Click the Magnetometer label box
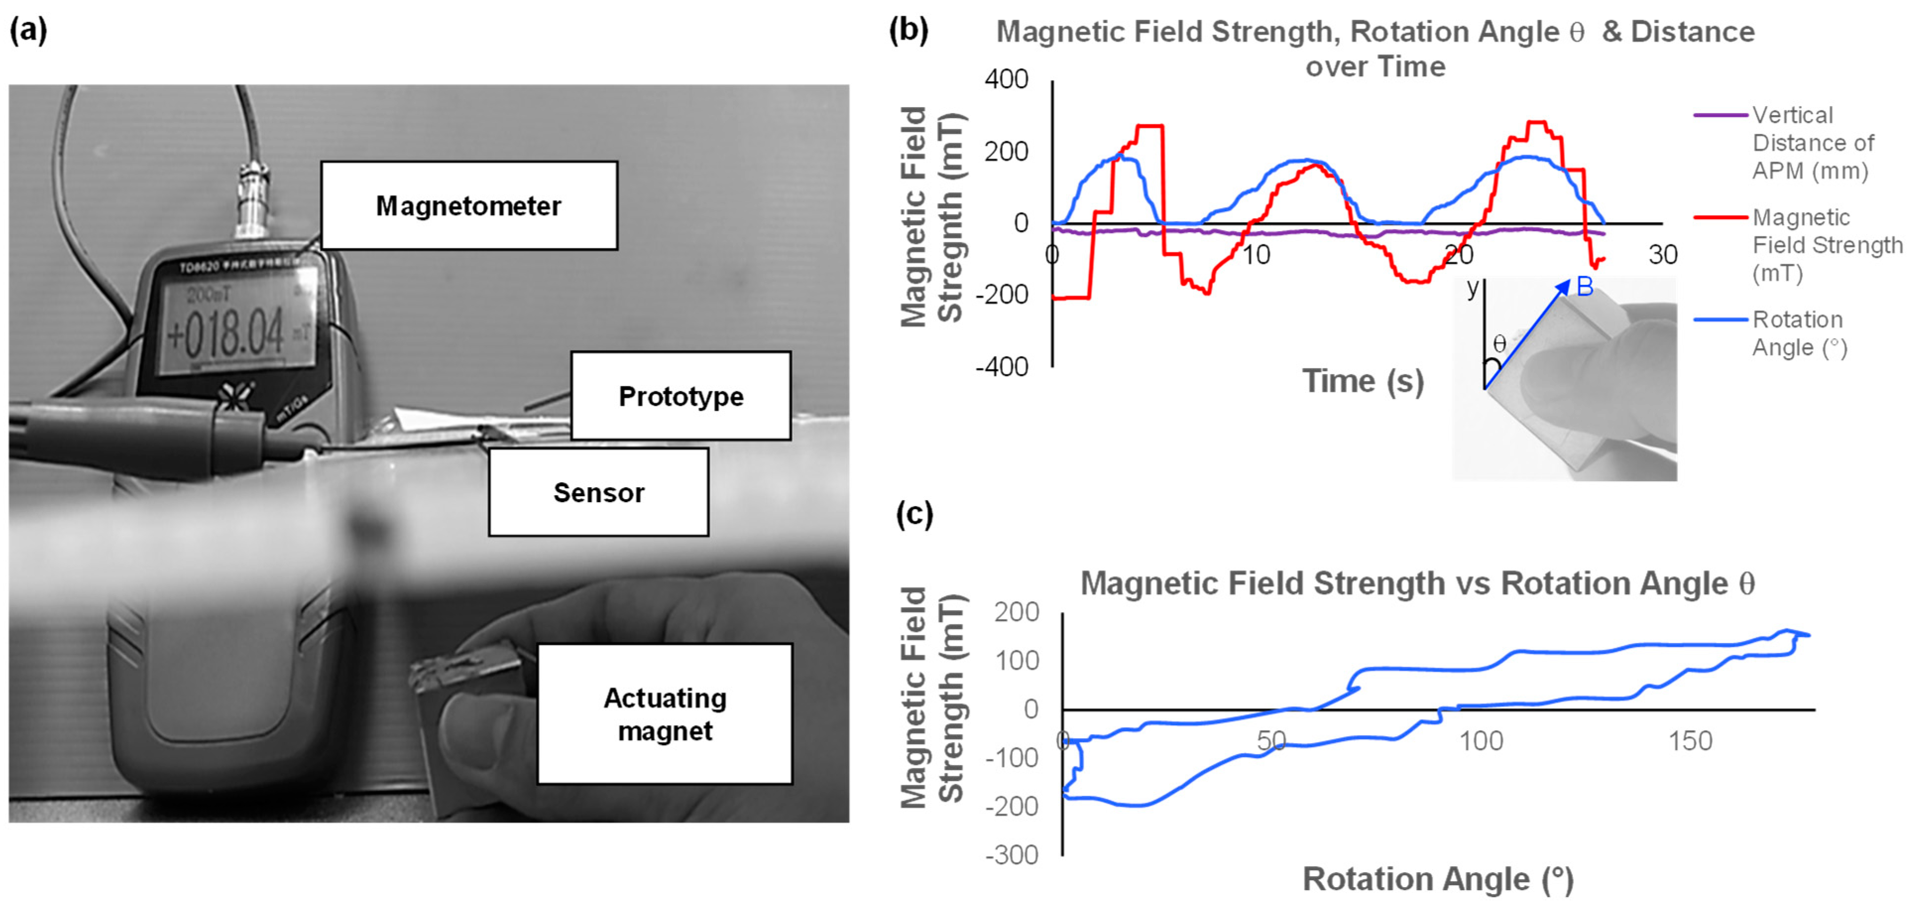pos(468,205)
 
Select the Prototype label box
pos(680,396)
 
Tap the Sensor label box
pos(598,492)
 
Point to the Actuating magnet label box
pos(665,714)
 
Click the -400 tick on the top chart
pos(1002,367)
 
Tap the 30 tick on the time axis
pos(1662,255)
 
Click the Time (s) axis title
pos(1363,381)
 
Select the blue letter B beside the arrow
pos(1584,286)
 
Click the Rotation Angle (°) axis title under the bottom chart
pos(1438,879)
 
